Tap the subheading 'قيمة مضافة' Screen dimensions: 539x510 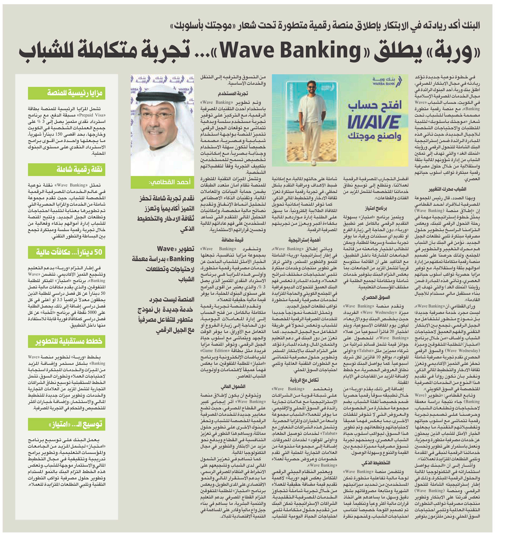click(233, 240)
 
